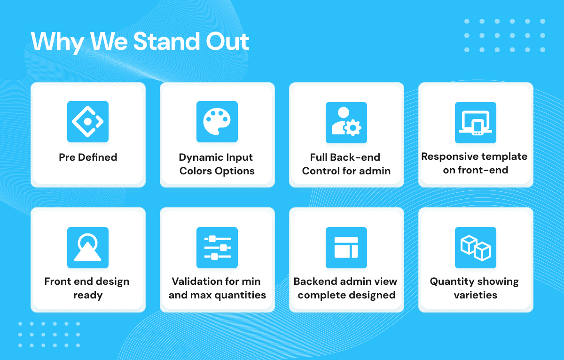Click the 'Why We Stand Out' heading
click(140, 41)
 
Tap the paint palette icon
click(217, 122)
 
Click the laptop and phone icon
click(475, 123)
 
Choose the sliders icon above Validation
click(218, 248)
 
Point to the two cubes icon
click(475, 248)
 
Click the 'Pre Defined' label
click(88, 157)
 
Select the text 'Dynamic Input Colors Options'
click(217, 164)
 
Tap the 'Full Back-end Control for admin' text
click(346, 164)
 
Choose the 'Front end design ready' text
click(87, 288)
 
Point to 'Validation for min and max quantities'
click(217, 288)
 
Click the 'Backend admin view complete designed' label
click(345, 288)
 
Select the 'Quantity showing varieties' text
click(474, 288)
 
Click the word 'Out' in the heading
click(227, 41)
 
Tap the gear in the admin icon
click(352, 128)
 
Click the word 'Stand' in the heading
click(167, 41)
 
